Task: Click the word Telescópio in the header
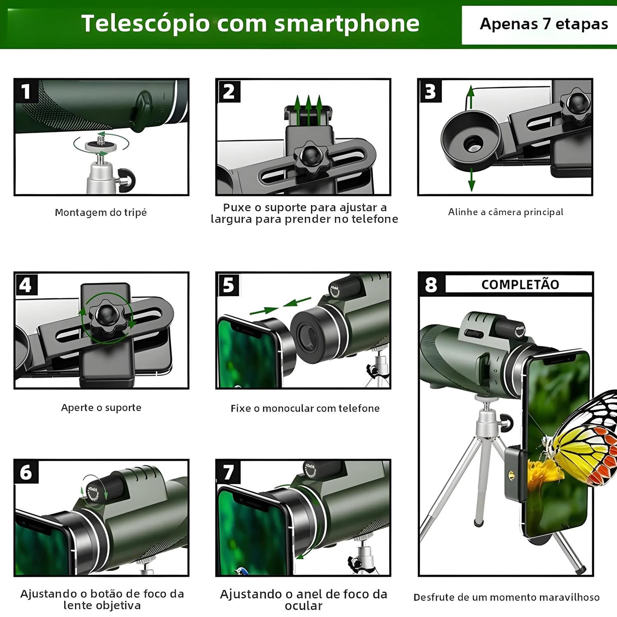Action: [146, 23]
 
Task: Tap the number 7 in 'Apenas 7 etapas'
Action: [546, 24]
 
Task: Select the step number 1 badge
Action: [26, 91]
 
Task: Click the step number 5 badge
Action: [228, 285]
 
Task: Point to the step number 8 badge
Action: [431, 284]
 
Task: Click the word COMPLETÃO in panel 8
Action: [520, 284]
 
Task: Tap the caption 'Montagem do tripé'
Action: [101, 213]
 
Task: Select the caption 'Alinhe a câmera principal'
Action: [506, 212]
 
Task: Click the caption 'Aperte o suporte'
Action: [101, 408]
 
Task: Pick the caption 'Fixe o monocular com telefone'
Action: [305, 408]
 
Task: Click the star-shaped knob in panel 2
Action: [312, 157]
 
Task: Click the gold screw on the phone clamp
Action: [511, 475]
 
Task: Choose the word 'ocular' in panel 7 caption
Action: [304, 606]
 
